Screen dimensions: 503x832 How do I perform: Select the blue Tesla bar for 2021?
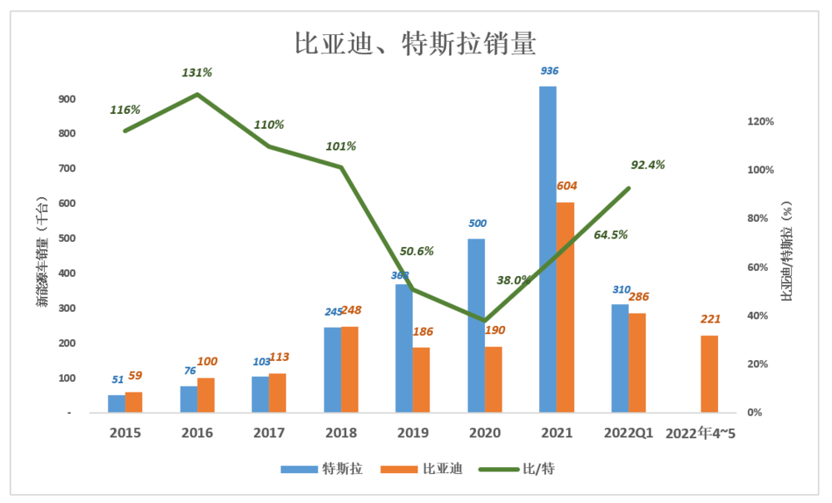pos(547,249)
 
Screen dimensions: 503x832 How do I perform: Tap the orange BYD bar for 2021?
pos(565,308)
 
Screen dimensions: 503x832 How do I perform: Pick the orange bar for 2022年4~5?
pos(709,374)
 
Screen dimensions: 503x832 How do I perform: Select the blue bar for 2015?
pos(116,404)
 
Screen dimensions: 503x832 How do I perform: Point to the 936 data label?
pos(549,72)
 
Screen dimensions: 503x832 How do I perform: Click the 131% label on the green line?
pos(197,73)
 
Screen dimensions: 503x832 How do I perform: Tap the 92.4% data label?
pos(648,165)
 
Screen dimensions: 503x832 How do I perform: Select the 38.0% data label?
pos(513,280)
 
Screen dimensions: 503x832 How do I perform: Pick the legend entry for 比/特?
pos(520,469)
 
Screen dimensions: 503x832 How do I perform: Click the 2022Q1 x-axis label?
pos(629,433)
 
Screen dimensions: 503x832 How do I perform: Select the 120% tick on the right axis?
pos(760,121)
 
